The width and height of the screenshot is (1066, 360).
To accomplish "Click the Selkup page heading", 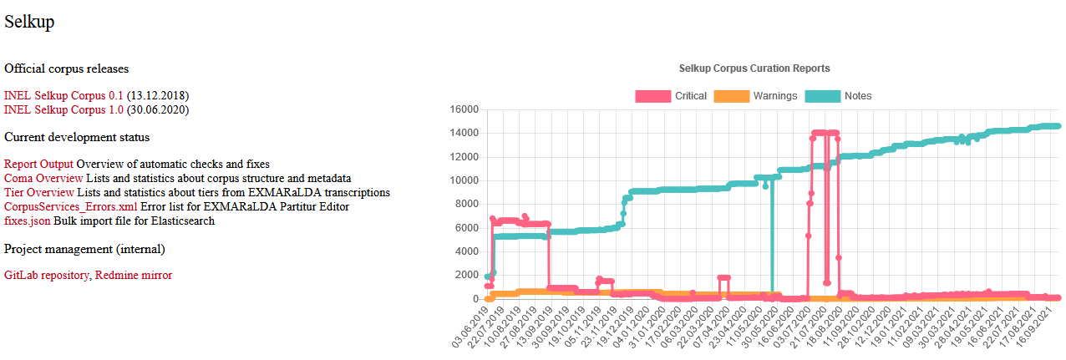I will tap(29, 23).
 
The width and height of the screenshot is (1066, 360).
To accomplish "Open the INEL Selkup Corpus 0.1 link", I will tap(63, 96).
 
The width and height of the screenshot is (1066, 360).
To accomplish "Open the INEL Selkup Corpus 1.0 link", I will tap(63, 109).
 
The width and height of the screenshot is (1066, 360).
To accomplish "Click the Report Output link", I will tap(38, 165).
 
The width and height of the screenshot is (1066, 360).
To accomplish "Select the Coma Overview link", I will tap(43, 178).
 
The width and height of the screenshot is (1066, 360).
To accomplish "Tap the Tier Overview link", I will tap(38, 192).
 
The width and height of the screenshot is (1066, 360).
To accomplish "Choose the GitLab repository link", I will tap(47, 275).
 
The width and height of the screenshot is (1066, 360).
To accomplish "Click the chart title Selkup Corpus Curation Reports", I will tap(754, 68).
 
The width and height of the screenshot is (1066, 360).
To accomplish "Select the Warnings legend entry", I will tap(756, 96).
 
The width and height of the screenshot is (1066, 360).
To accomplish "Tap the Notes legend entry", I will tap(839, 96).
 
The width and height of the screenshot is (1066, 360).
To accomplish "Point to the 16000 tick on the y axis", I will tap(464, 109).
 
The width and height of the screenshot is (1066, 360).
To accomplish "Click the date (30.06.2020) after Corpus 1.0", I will tap(158, 109).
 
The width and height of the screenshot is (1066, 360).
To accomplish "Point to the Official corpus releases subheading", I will tap(67, 68).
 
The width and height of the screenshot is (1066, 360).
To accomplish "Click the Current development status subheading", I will tap(77, 137).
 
